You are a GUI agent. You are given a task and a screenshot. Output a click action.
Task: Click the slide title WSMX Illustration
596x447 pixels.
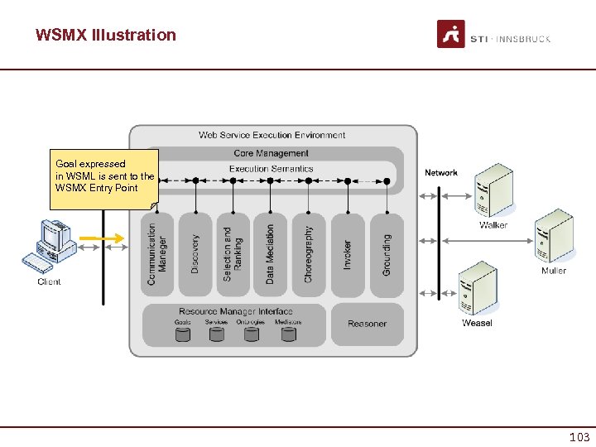coord(106,35)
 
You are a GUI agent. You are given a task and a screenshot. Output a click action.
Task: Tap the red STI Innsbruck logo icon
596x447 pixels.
coord(451,35)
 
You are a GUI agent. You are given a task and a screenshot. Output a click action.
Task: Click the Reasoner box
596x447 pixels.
coord(368,324)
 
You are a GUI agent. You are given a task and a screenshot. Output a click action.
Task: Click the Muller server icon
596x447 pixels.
coord(554,237)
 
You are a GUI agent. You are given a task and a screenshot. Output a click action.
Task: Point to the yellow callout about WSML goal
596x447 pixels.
coord(104,176)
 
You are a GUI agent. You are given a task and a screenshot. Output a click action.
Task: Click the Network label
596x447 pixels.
coord(441,173)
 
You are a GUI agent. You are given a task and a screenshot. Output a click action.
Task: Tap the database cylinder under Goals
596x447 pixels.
coord(183,334)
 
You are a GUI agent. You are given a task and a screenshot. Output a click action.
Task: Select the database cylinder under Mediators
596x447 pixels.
coord(288,334)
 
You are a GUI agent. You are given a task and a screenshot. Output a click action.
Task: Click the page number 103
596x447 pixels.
coord(579,437)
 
